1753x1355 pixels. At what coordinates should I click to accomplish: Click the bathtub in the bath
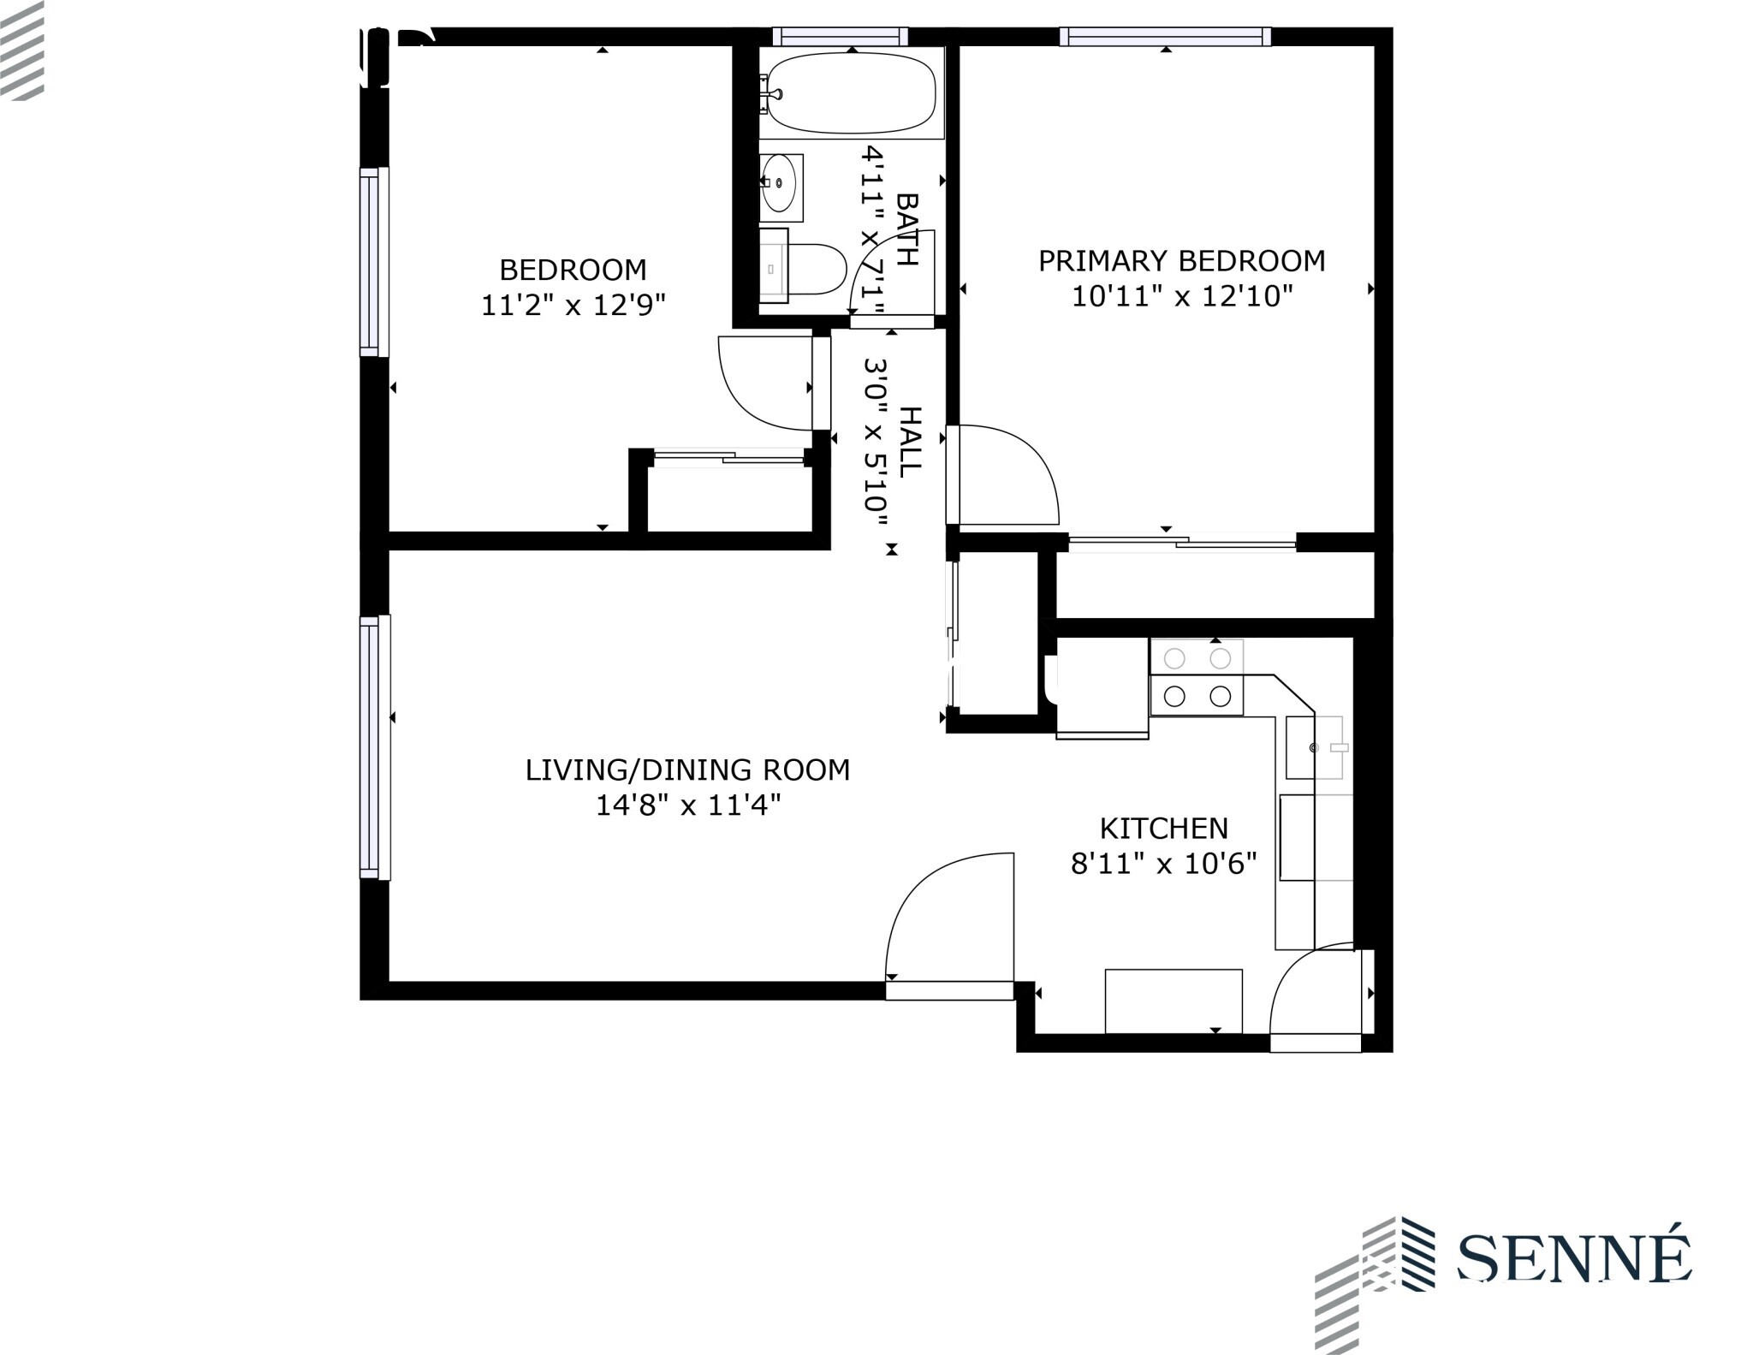point(851,93)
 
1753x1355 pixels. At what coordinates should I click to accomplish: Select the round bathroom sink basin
point(780,183)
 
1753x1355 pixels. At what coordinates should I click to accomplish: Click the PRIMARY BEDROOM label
point(1181,261)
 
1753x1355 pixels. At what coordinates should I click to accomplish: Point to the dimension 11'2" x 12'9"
point(573,305)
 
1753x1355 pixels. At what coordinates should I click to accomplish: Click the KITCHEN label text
point(1163,828)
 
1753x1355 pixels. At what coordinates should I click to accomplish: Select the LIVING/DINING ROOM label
point(687,770)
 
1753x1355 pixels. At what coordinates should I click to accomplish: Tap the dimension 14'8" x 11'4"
point(687,805)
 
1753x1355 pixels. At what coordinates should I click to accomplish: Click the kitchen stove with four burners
point(1196,677)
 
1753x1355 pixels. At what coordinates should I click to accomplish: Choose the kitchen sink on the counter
point(1314,747)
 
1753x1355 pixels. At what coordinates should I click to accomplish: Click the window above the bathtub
point(839,37)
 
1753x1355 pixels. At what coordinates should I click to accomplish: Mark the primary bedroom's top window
point(1164,37)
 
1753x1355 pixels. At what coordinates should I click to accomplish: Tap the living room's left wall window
point(374,746)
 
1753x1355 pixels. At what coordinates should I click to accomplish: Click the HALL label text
point(911,442)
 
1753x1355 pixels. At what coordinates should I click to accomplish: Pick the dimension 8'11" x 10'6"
point(1163,864)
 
